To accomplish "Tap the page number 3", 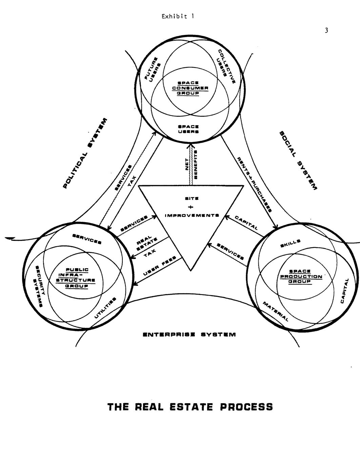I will click(x=326, y=31).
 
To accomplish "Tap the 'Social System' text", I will click(x=298, y=160).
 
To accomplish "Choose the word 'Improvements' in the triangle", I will click(x=192, y=215).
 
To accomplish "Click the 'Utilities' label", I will click(x=105, y=308).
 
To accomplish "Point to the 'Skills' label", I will click(x=290, y=243).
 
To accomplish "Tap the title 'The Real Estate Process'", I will click(x=190, y=407).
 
